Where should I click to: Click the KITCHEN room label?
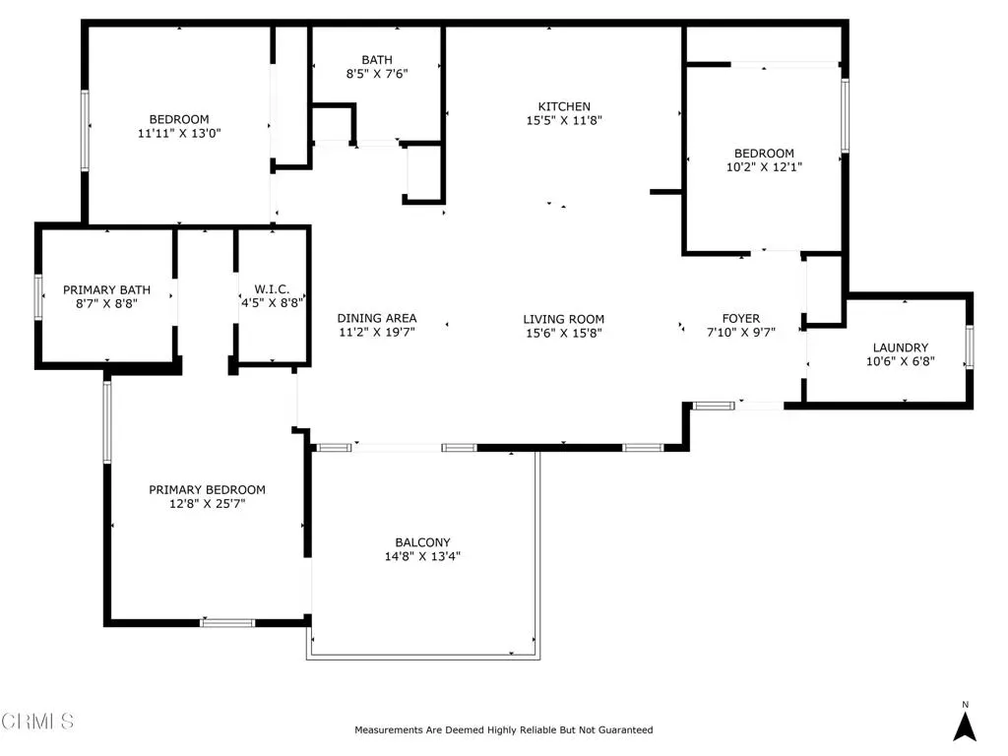(x=564, y=106)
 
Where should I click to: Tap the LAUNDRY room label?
(x=900, y=347)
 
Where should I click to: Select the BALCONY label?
(x=422, y=542)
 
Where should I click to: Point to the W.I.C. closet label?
(x=272, y=289)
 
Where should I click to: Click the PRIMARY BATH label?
(x=106, y=290)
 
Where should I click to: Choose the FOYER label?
(x=740, y=318)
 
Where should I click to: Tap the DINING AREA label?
(x=377, y=318)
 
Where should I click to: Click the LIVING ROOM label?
(x=563, y=319)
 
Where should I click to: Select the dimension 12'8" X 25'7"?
(x=207, y=504)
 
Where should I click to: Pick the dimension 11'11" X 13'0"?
(x=179, y=134)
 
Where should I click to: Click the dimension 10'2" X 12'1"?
(x=764, y=167)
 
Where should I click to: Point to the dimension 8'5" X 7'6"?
(x=377, y=74)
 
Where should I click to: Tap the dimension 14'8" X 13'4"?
(x=422, y=557)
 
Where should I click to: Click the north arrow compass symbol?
(x=965, y=726)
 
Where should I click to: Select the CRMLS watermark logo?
(x=37, y=721)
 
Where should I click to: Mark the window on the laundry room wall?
(x=970, y=347)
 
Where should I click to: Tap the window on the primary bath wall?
(x=38, y=297)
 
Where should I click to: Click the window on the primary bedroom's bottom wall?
(x=227, y=622)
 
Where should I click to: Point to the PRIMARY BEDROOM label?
(x=207, y=490)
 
